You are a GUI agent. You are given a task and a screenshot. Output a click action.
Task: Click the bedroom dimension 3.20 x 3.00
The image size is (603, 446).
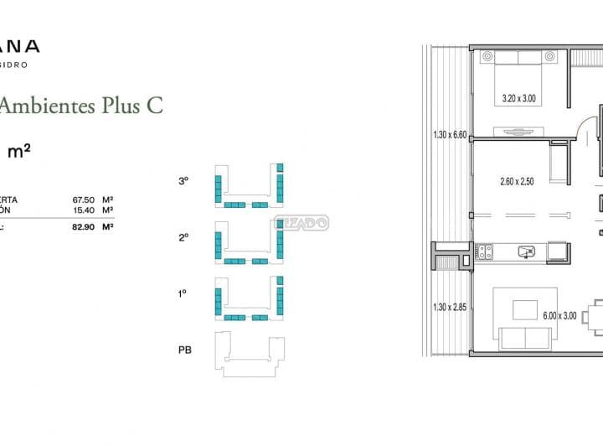pyautogui.click(x=518, y=99)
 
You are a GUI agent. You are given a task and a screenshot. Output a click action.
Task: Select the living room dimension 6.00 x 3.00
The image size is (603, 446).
pyautogui.click(x=560, y=316)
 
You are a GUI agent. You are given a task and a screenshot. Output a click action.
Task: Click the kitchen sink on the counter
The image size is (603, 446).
pyautogui.click(x=526, y=251)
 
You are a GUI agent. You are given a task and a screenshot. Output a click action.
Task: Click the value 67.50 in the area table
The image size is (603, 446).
pyautogui.click(x=83, y=200)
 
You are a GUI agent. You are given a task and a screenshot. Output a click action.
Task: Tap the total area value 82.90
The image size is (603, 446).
pyautogui.click(x=83, y=226)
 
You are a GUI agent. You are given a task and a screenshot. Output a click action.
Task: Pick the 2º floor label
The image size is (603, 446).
pyautogui.click(x=183, y=237)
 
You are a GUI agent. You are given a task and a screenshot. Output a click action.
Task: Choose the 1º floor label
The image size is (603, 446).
pyautogui.click(x=183, y=293)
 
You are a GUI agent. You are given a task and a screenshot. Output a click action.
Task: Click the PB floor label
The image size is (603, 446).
pyautogui.click(x=184, y=350)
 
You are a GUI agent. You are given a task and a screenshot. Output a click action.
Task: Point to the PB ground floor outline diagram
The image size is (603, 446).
pyautogui.click(x=249, y=352)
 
